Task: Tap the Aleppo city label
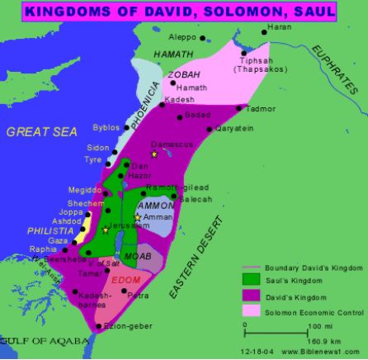point(182,37)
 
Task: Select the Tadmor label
point(262,109)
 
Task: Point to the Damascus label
point(172,144)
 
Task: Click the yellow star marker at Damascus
point(153,154)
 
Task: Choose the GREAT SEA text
point(41,131)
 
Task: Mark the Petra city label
point(138,295)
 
